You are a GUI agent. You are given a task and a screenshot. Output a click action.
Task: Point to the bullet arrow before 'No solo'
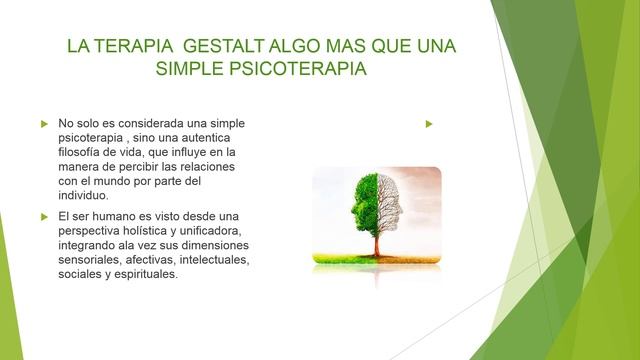pyautogui.click(x=44, y=123)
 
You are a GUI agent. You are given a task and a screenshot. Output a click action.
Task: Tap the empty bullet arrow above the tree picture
pyautogui.click(x=427, y=123)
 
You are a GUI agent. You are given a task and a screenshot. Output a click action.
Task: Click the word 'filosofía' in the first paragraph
pyautogui.click(x=82, y=152)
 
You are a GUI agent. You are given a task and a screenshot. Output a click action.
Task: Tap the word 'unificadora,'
pyautogui.click(x=213, y=231)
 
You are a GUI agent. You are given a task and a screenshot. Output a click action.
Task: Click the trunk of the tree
pyautogui.click(x=377, y=240)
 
